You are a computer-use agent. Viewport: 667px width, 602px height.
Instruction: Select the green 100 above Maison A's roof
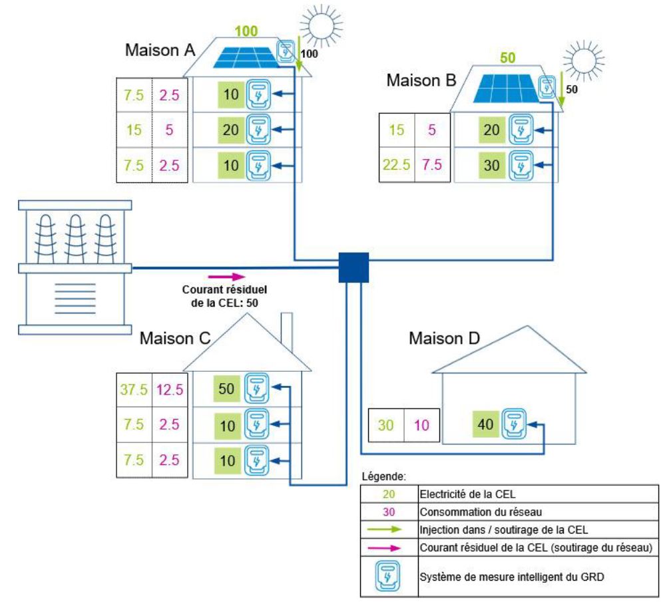(x=246, y=32)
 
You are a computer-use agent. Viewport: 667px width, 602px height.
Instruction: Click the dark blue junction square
(x=353, y=268)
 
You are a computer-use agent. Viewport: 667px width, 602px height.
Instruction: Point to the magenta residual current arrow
(x=227, y=276)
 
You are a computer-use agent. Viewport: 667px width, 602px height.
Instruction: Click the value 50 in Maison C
(x=227, y=389)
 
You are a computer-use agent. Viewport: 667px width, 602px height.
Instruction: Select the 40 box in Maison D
(x=486, y=423)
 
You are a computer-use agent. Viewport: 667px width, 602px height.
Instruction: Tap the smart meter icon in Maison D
(x=513, y=423)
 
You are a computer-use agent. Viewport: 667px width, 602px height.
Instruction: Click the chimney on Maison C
(x=287, y=329)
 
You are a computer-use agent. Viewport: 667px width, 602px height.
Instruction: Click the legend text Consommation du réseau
(x=468, y=512)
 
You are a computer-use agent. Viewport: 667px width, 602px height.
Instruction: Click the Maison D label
(x=436, y=339)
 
